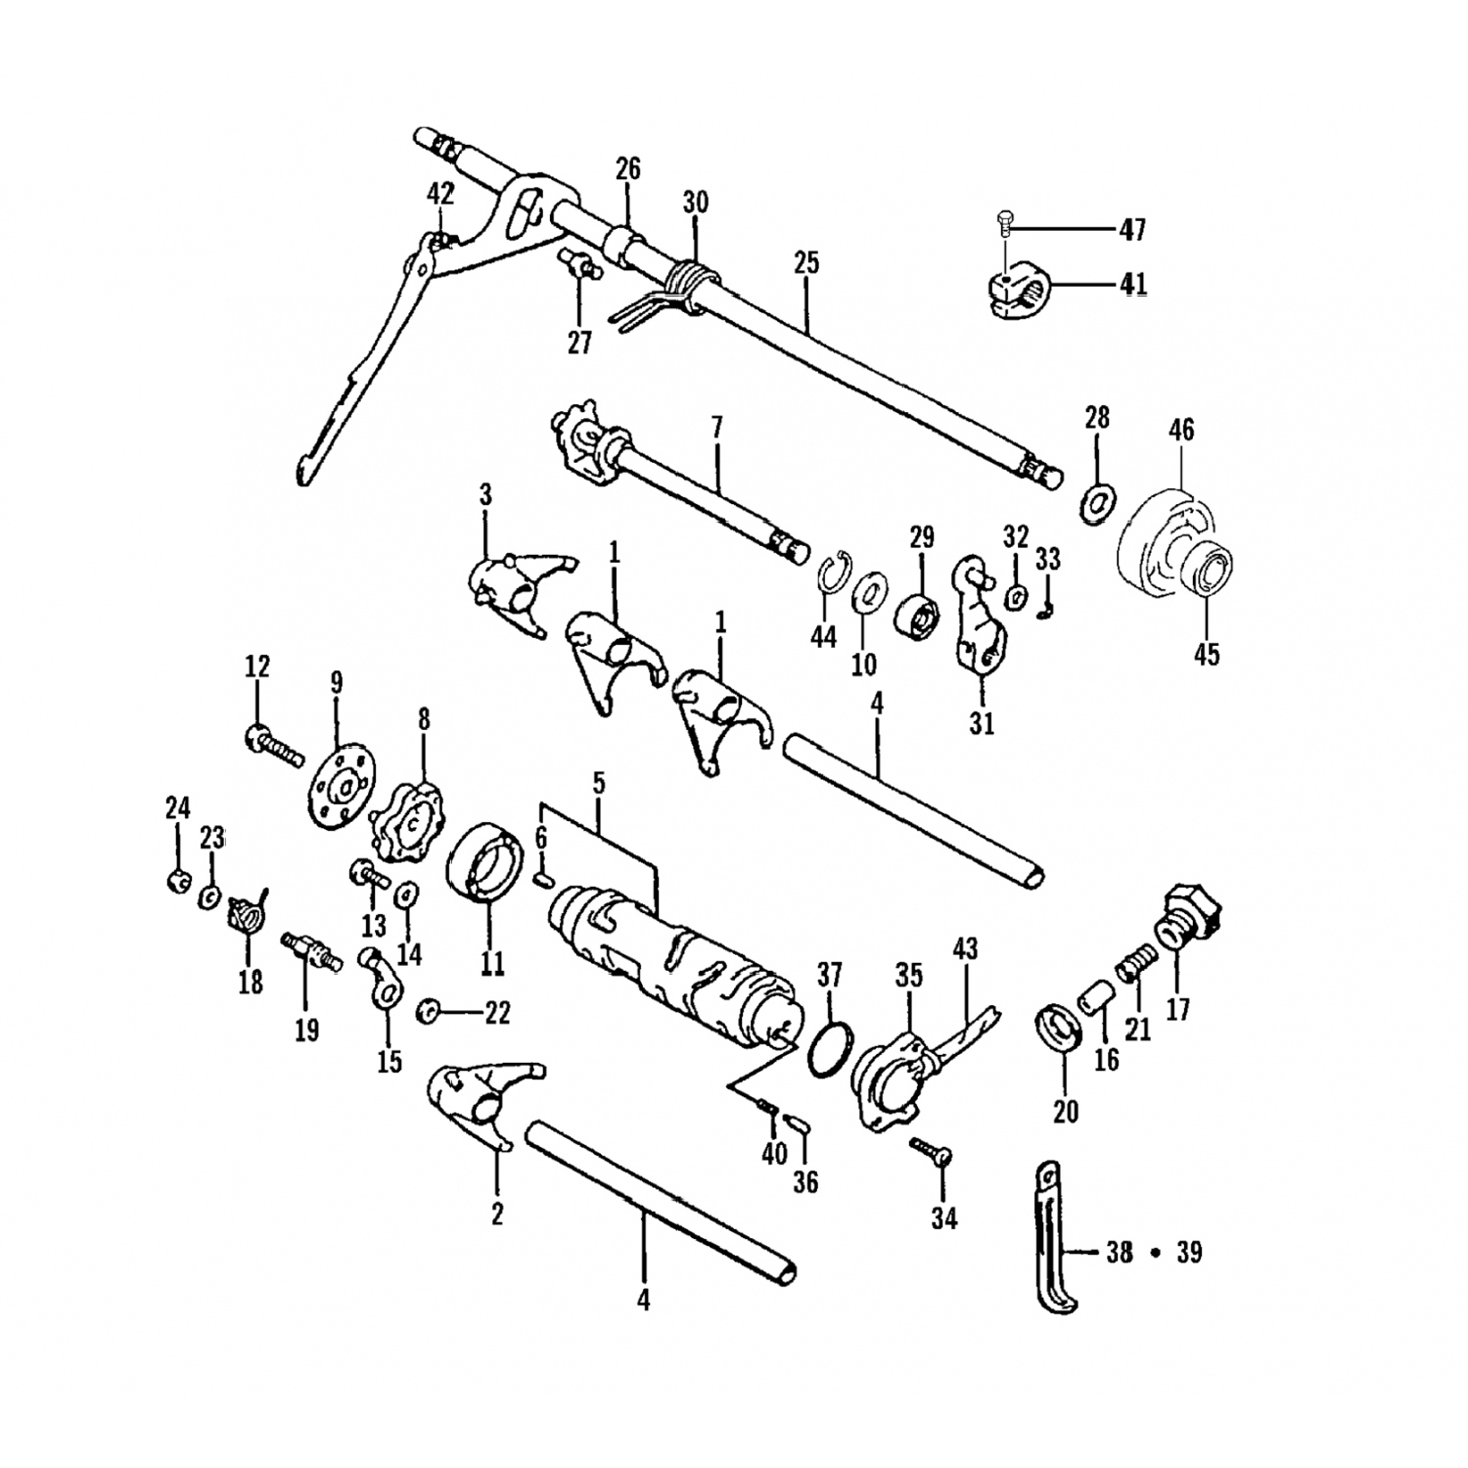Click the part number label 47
click(1133, 230)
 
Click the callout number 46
click(1181, 430)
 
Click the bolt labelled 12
click(271, 747)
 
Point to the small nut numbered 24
click(176, 881)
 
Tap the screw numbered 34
click(932, 1152)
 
